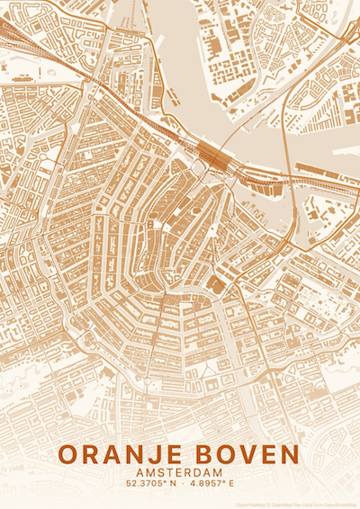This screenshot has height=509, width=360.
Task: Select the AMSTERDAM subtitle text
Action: click(180, 473)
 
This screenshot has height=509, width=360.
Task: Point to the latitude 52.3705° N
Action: click(148, 485)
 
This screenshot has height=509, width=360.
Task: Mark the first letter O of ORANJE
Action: click(71, 454)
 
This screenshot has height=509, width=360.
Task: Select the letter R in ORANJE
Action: click(93, 454)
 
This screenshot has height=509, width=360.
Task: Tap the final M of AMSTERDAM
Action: click(218, 473)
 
